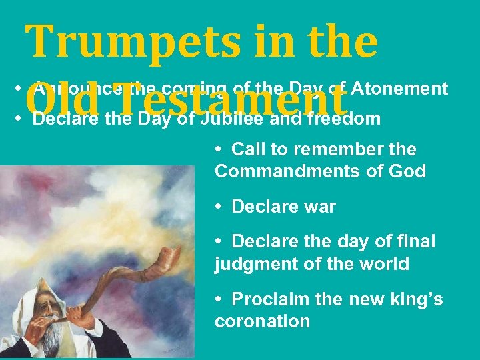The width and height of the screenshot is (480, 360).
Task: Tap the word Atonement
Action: (399, 89)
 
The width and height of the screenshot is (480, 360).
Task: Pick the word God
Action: (407, 171)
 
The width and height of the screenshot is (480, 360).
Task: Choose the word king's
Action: (415, 300)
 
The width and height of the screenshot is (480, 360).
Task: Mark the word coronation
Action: (262, 321)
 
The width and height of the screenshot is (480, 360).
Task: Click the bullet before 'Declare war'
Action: (219, 207)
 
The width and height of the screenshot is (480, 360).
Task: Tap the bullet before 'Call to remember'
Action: (219, 149)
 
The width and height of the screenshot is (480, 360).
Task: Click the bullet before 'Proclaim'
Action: (219, 300)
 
